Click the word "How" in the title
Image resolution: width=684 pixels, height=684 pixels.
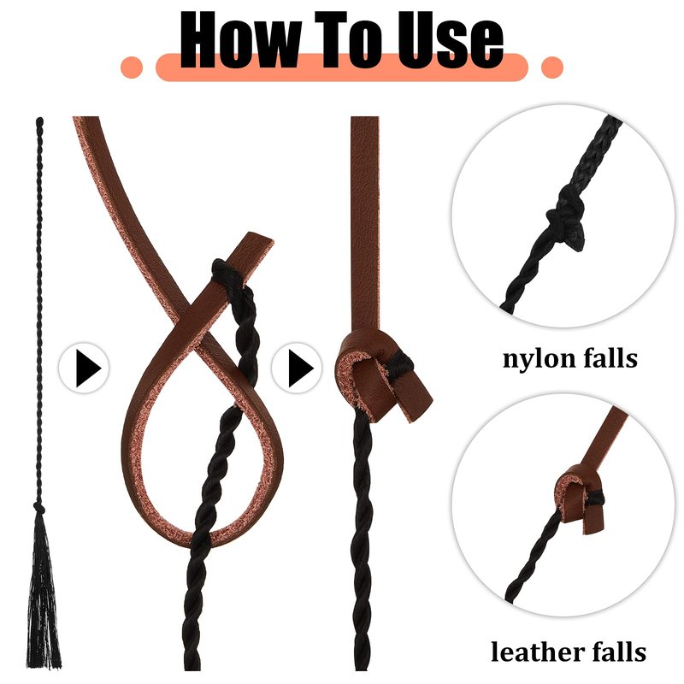pyautogui.click(x=240, y=39)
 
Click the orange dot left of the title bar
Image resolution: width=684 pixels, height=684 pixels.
pyautogui.click(x=132, y=68)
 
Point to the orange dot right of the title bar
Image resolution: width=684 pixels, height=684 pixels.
pyautogui.click(x=551, y=68)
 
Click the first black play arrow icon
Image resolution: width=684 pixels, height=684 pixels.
pyautogui.click(x=89, y=368)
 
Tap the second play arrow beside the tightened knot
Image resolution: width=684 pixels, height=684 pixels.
pyautogui.click(x=301, y=368)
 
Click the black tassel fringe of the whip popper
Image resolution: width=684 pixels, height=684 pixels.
pyautogui.click(x=43, y=593)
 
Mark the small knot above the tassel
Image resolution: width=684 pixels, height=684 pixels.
pyautogui.click(x=39, y=507)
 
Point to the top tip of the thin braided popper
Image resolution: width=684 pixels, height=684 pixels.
pyautogui.click(x=39, y=119)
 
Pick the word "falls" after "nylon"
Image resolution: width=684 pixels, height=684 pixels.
pyautogui.click(x=605, y=358)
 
